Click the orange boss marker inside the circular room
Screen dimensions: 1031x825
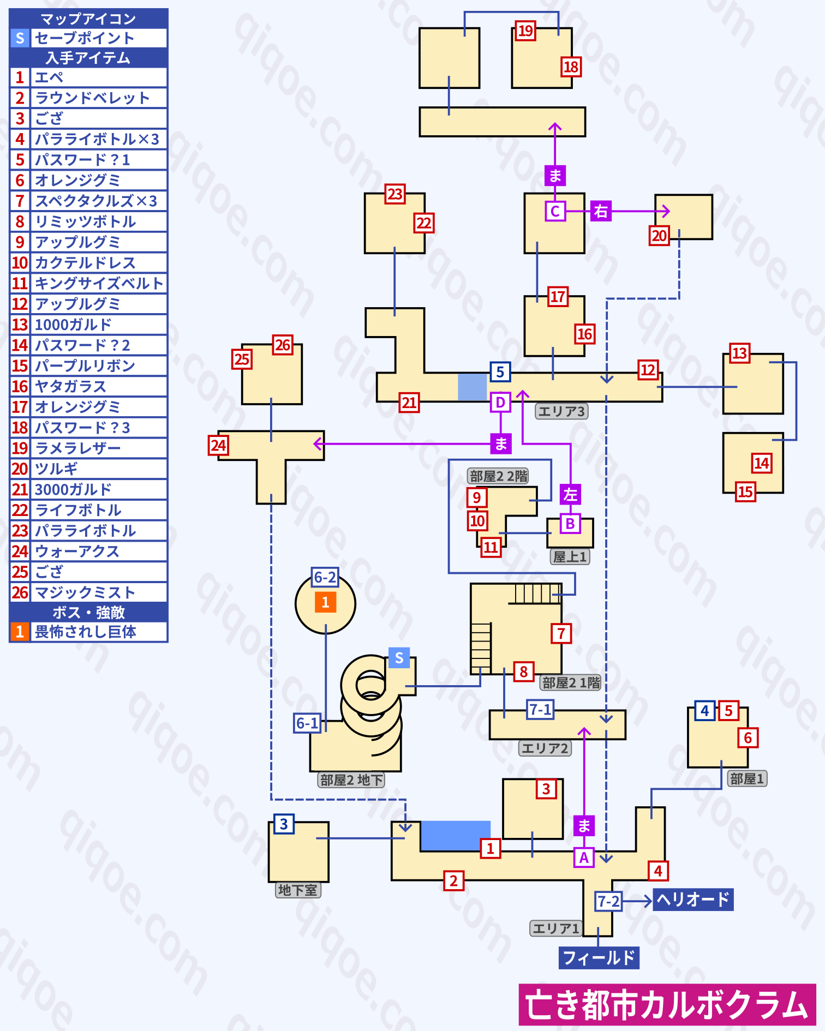(x=325, y=602)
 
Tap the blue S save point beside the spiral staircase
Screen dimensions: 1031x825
(x=399, y=658)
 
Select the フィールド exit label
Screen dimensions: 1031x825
(x=599, y=957)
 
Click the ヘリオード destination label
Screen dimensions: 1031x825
(x=693, y=899)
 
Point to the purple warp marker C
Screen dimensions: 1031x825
(x=555, y=211)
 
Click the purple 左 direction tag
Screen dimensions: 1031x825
(x=570, y=494)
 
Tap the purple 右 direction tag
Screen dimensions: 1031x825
(x=601, y=211)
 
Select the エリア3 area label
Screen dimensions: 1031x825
(x=561, y=411)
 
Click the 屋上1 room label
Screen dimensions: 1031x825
(x=570, y=556)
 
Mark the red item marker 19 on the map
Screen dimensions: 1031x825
(x=525, y=31)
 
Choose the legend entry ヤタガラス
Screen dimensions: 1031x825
(x=70, y=386)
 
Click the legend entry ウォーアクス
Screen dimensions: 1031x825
(x=77, y=552)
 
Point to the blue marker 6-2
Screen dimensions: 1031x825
(x=325, y=577)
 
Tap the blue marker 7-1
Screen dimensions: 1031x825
(x=540, y=710)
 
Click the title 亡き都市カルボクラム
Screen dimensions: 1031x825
(x=667, y=1005)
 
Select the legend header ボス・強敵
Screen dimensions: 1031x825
(x=88, y=612)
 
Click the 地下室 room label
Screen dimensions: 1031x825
(x=298, y=890)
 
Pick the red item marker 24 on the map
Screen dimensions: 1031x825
(x=218, y=446)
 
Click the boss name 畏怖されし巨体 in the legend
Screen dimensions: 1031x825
(x=86, y=632)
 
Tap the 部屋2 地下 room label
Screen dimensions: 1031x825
(x=351, y=780)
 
